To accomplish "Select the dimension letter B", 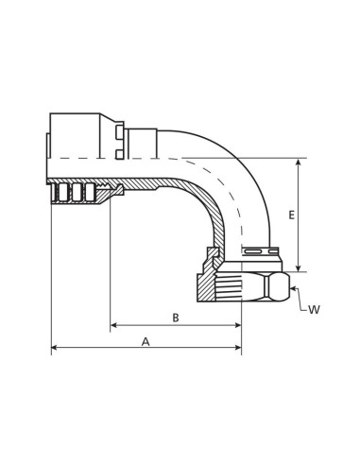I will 176,318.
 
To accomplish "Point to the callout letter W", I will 314,308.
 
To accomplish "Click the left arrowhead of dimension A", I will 55,349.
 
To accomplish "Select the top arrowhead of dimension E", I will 300,164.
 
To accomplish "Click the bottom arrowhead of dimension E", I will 300,267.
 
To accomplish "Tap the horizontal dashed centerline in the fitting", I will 142,155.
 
